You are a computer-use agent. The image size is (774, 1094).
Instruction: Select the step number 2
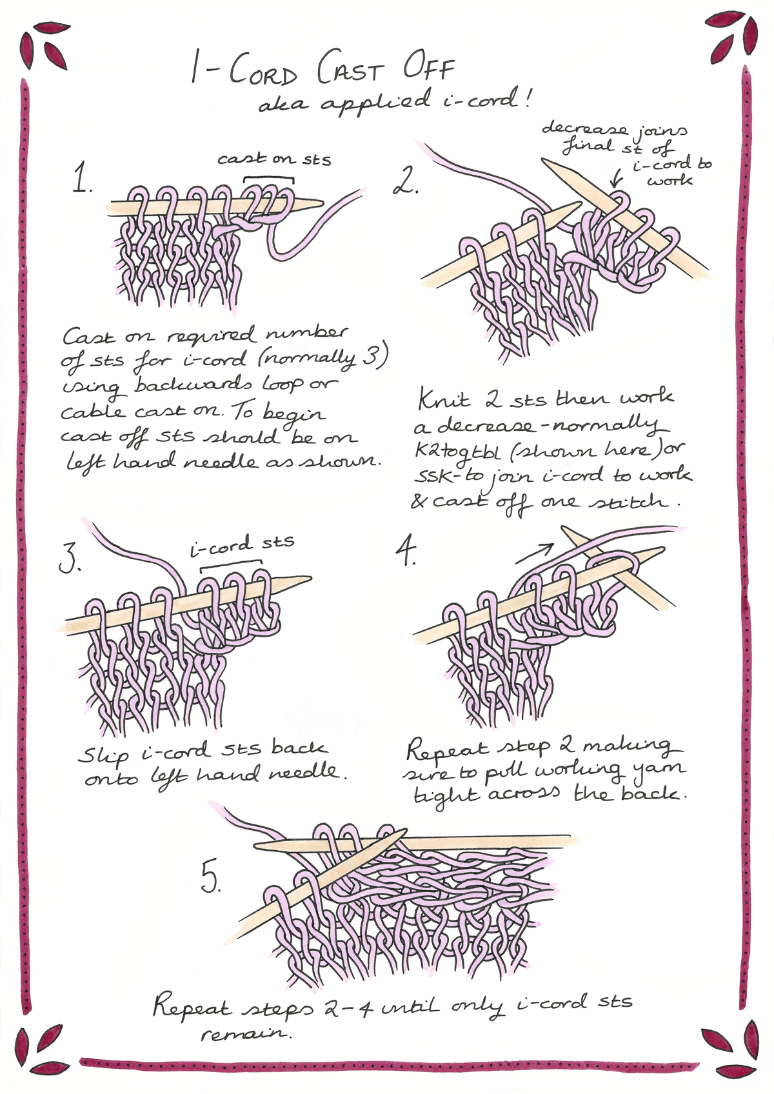(406, 181)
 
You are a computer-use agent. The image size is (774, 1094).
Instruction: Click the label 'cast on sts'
(274, 159)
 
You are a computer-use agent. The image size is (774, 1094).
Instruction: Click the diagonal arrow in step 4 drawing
(535, 553)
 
